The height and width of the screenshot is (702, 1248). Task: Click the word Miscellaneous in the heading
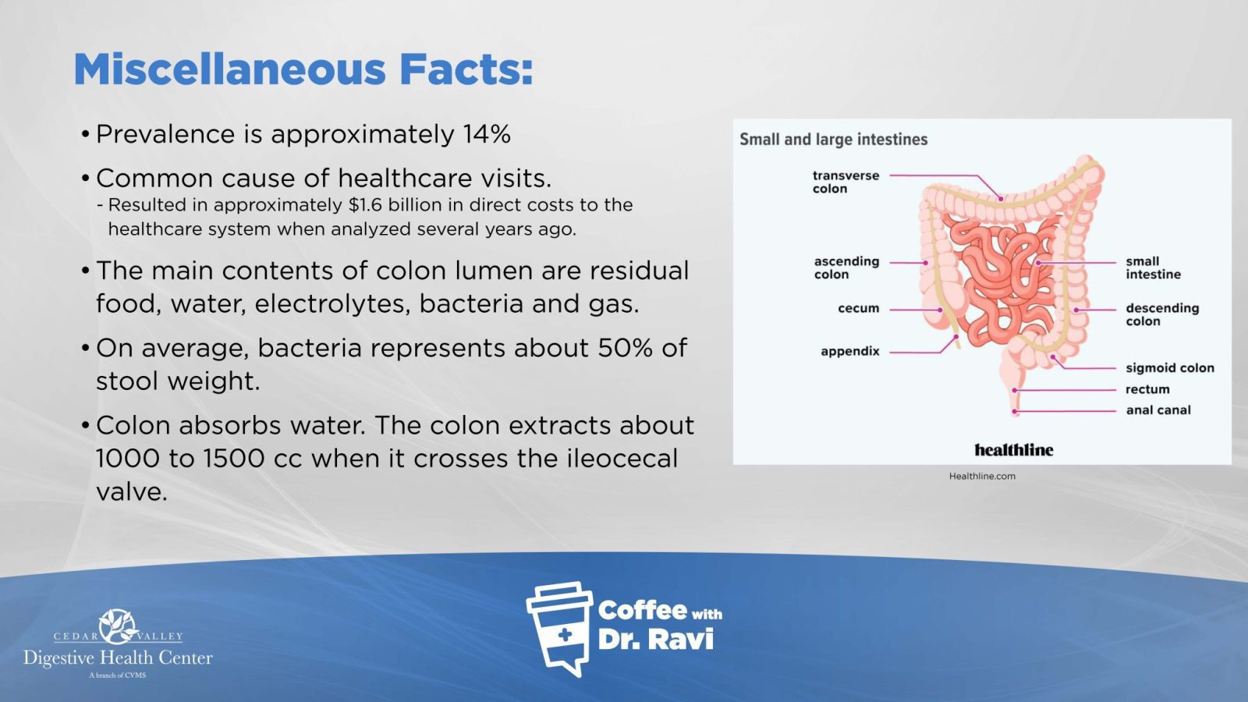(229, 69)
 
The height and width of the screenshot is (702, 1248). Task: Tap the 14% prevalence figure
(487, 133)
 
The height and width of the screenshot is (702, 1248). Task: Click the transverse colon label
(846, 183)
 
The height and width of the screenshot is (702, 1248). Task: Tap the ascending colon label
(846, 268)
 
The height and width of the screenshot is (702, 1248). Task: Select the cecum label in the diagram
(859, 309)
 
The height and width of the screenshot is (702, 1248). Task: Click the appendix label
(850, 352)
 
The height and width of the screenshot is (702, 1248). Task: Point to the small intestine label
(1154, 268)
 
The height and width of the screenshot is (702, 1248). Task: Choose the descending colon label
(1162, 315)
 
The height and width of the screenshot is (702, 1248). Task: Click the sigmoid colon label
(1170, 368)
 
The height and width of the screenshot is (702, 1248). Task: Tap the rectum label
(1147, 389)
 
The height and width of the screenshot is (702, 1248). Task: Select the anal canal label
(1158, 410)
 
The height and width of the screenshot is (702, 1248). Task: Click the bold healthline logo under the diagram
(1014, 449)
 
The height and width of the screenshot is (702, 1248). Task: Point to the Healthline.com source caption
(982, 477)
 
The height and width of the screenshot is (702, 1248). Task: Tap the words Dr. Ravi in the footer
(656, 639)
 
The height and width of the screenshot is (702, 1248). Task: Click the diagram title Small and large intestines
(834, 140)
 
